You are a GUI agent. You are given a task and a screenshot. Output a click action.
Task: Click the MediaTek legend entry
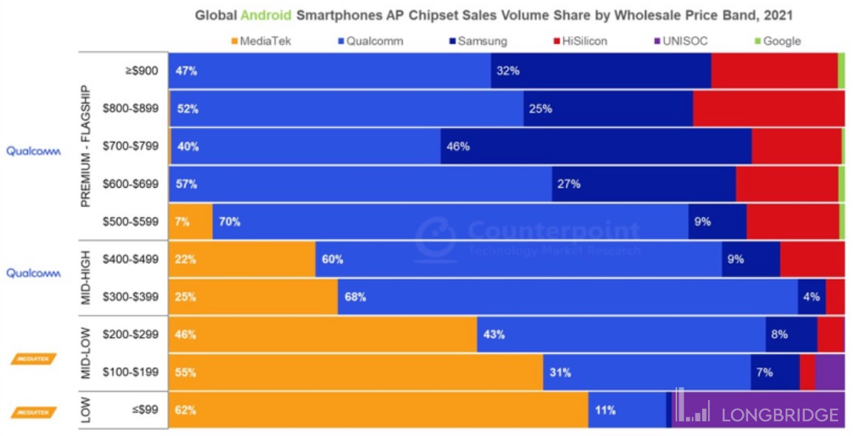261,41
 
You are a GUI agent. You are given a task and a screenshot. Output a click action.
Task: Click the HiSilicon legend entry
579,41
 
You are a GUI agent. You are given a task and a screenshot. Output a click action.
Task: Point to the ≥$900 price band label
142,71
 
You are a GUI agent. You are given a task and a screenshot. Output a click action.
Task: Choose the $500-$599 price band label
130,222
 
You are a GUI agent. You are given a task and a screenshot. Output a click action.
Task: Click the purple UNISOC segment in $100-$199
829,372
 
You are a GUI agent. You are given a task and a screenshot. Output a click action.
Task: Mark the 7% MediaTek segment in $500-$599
191,222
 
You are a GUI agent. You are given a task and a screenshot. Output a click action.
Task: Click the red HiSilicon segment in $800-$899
769,109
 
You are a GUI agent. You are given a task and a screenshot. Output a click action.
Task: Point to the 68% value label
355,297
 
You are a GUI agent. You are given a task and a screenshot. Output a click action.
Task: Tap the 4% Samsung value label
811,297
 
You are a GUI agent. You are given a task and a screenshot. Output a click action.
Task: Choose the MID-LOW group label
86,353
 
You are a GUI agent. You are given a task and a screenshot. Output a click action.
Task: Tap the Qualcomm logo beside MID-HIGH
33,273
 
